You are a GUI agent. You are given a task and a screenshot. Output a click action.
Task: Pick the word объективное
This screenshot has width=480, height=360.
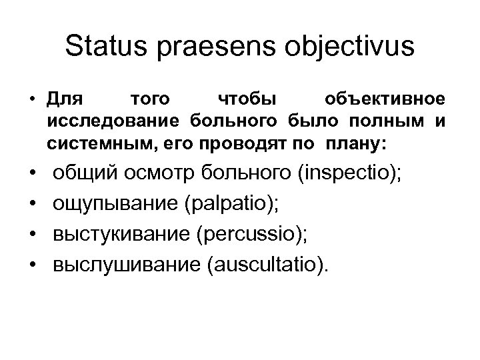pyautogui.click(x=381, y=100)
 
